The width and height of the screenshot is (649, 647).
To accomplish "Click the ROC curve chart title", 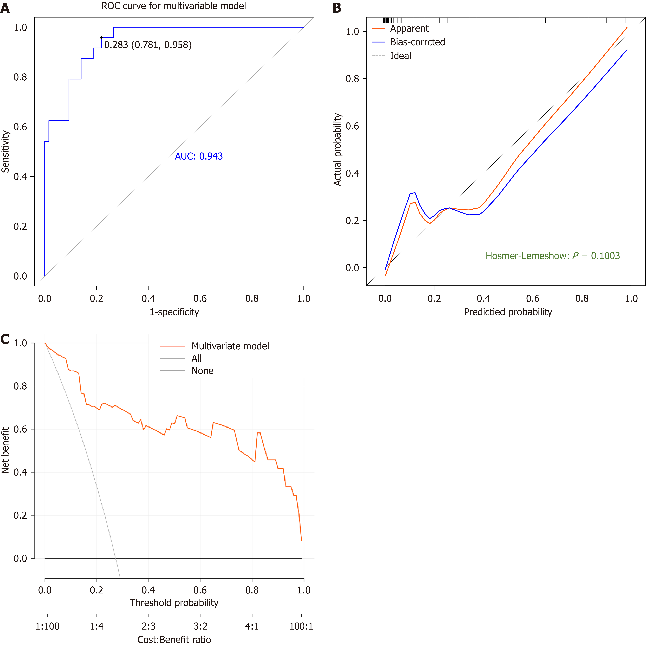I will (x=174, y=6).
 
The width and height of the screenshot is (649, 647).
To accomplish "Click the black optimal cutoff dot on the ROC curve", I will (x=101, y=38).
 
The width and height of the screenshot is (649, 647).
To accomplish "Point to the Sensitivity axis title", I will (x=5, y=152).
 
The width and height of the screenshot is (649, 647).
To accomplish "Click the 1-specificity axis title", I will (x=174, y=312).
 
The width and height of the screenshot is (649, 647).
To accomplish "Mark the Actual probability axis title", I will (x=337, y=149).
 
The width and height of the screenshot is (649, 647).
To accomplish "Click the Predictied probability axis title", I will (x=508, y=312).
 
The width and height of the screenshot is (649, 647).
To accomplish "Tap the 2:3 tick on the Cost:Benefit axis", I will (x=148, y=626).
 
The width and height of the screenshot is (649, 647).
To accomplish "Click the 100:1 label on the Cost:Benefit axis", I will (x=301, y=626).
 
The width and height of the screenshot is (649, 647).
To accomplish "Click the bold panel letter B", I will (x=337, y=8).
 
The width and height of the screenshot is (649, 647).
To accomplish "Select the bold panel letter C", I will (x=5, y=339).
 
